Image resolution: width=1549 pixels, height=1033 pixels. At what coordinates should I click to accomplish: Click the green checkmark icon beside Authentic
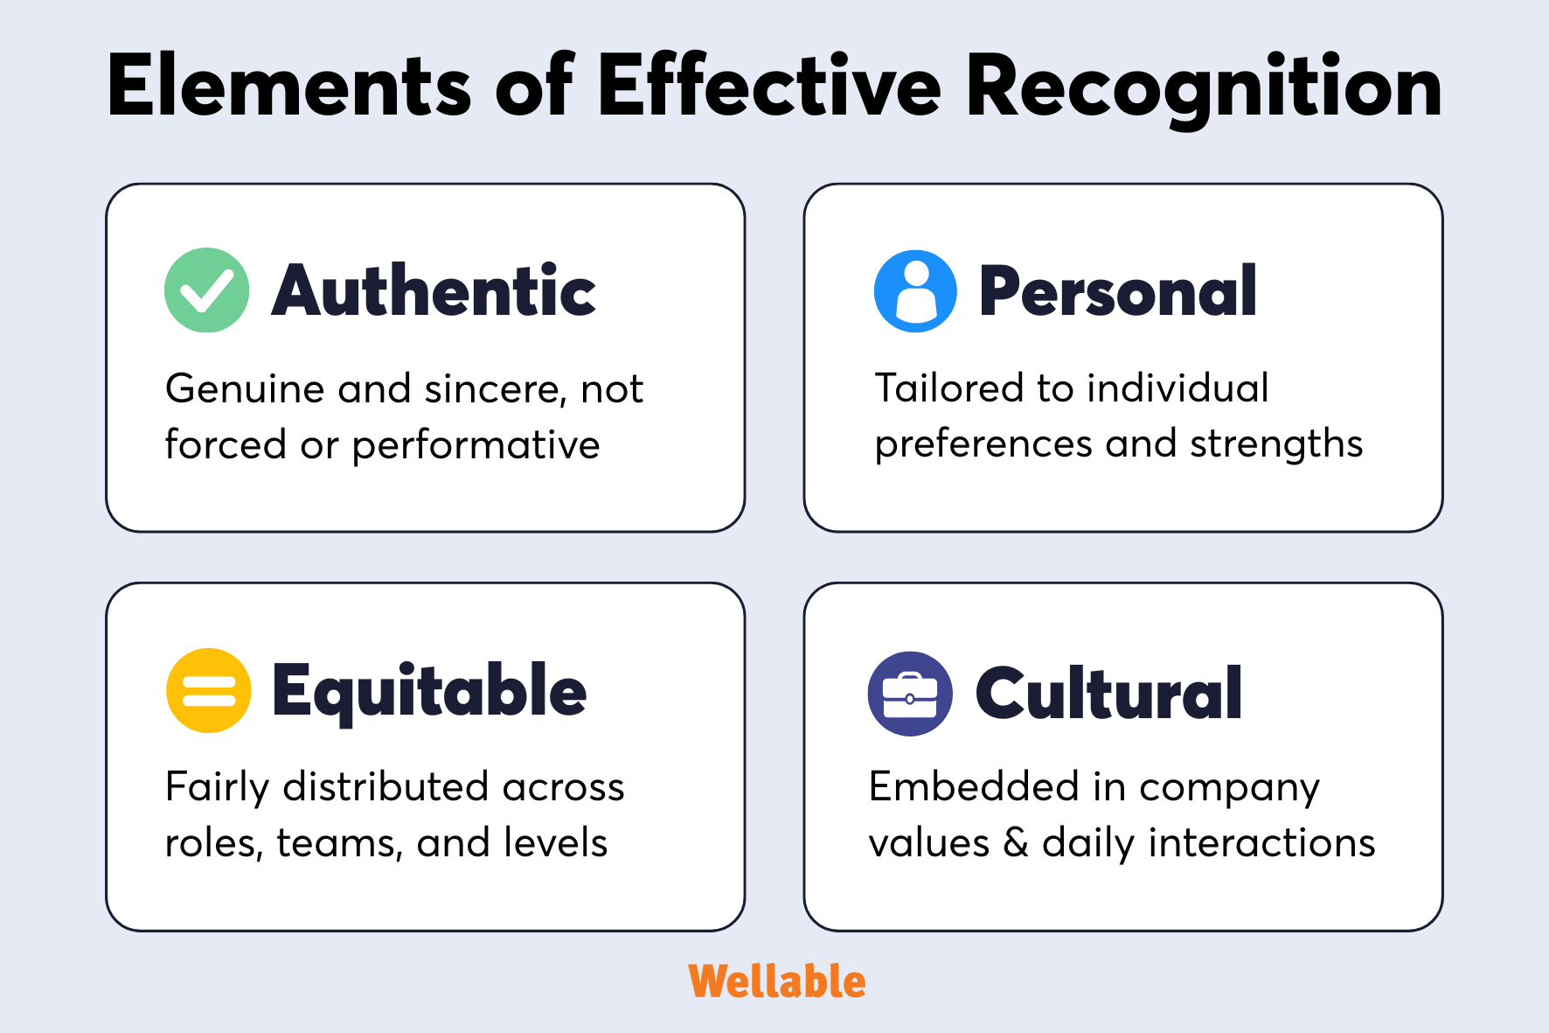coord(207,290)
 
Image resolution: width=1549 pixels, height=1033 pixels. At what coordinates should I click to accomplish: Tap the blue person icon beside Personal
coord(915,290)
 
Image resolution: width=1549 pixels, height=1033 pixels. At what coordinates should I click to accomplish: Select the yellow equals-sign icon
coord(208,690)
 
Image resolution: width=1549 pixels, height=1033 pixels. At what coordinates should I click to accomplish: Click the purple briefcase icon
coord(910,694)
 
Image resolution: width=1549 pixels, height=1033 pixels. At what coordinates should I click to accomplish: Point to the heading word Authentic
coord(434,290)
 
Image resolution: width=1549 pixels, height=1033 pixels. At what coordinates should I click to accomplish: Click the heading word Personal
coord(1117,290)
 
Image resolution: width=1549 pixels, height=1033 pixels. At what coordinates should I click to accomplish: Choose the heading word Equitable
coord(429,691)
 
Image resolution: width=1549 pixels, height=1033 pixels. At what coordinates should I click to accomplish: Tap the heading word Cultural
coord(1108,694)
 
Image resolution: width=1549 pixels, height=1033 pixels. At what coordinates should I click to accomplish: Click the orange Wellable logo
coord(776,981)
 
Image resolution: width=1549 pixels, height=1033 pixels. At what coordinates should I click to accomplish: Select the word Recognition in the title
coord(1204,87)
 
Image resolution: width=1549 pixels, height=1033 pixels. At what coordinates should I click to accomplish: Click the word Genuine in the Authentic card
coord(244,390)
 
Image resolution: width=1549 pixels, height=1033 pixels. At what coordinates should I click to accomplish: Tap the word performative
coord(476,446)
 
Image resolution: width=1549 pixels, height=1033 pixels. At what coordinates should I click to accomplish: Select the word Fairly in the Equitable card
coord(218,788)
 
